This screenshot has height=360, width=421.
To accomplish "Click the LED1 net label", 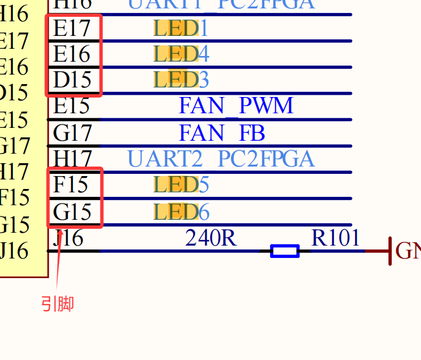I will [181, 27].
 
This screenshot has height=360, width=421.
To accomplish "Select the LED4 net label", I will [181, 54].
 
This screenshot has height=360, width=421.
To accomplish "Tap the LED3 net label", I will [181, 80].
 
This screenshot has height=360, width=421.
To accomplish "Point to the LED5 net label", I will [181, 184].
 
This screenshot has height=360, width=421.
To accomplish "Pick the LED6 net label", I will [181, 212].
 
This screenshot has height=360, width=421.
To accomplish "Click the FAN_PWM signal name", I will [236, 105].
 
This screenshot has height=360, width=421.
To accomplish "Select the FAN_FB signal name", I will [222, 133].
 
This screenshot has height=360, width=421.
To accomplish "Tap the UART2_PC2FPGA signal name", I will [221, 159].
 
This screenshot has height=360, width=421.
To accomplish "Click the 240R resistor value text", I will [211, 238].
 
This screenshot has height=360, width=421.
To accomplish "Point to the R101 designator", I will [336, 238].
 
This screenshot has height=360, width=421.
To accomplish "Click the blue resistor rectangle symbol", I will [285, 251].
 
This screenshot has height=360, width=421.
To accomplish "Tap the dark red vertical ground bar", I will [390, 251].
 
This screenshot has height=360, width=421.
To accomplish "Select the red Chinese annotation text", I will [57, 304].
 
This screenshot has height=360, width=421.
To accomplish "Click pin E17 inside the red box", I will [71, 28].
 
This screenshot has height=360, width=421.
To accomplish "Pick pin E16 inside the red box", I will [71, 54].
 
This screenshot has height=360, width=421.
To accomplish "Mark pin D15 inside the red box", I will [72, 80].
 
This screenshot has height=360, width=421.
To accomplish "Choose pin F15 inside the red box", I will [72, 184].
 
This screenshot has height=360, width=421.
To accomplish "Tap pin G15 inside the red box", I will [72, 212].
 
